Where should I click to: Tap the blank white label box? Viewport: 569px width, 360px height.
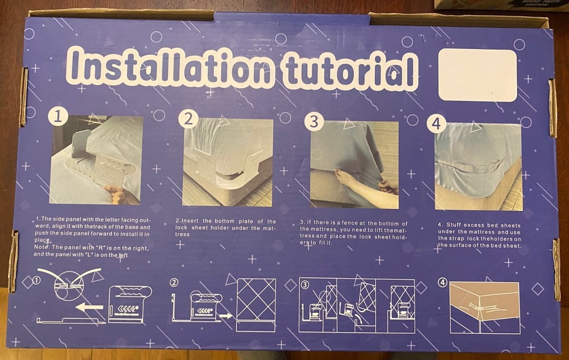pos(478,75)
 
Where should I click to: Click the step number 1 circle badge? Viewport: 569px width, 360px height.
pos(57,117)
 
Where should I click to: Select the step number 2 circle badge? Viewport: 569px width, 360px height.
pos(188,119)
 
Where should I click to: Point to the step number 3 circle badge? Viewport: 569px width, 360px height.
pos(314,121)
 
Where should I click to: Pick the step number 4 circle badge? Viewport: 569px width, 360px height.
pos(436,123)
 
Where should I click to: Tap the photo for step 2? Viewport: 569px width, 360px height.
pos(228,162)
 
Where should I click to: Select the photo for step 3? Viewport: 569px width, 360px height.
pos(354,165)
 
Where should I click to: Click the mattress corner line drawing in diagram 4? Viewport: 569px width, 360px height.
pos(484,307)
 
